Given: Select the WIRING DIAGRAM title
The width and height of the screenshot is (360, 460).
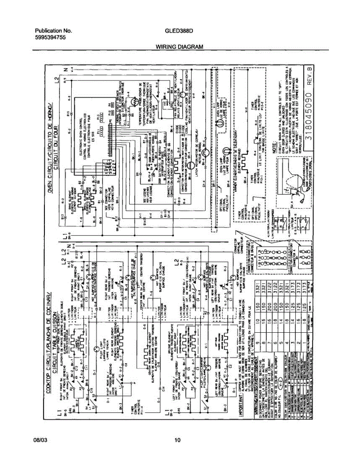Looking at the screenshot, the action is [179, 47].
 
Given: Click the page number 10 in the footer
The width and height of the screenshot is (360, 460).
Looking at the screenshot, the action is [177, 440].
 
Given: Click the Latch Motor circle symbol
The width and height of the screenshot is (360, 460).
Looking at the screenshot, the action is [204, 153].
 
